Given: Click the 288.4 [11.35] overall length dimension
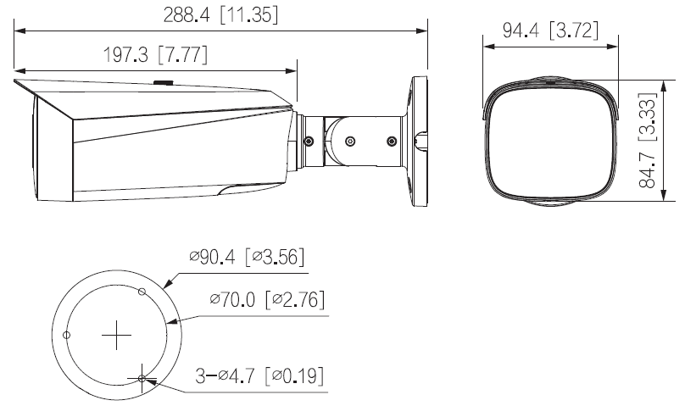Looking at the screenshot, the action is [x=220, y=15].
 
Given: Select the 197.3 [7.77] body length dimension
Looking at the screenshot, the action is [x=155, y=54].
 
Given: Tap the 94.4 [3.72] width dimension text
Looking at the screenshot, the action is [x=550, y=31].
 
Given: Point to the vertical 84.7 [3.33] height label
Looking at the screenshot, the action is [x=648, y=140].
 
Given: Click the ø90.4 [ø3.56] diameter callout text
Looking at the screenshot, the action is [x=247, y=257].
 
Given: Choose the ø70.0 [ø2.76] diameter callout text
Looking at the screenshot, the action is [x=267, y=299].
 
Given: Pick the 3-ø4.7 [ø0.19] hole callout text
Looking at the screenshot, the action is [x=259, y=375].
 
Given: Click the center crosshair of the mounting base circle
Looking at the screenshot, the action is [x=117, y=336].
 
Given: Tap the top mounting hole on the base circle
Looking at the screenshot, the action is [x=142, y=292].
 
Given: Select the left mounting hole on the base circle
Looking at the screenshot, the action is [x=66, y=335].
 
